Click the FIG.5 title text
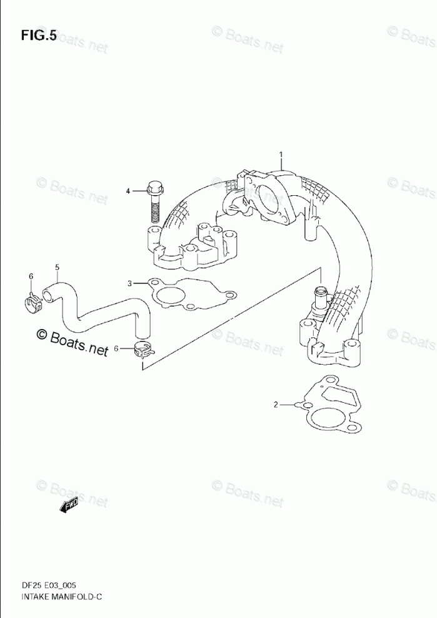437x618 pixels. click(38, 35)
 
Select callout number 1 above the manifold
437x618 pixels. click(281, 154)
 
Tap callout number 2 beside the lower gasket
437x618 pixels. click(276, 405)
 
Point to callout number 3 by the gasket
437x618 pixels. click(130, 283)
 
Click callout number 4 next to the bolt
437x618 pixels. click(128, 191)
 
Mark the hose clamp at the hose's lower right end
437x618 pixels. click(143, 350)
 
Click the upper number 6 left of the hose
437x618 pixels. click(31, 276)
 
